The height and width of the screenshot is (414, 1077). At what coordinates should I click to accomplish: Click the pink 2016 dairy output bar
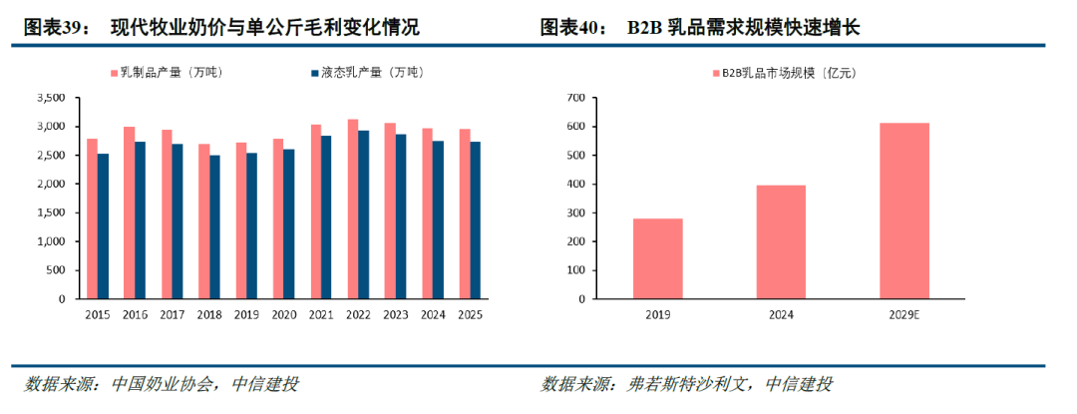tap(129, 212)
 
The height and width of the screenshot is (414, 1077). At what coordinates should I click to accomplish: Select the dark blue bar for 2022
tap(363, 214)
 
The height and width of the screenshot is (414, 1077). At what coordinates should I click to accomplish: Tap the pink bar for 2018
tap(203, 221)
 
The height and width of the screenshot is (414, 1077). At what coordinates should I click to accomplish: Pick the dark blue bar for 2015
tap(103, 226)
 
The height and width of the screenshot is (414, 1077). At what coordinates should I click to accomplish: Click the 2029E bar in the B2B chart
tap(904, 211)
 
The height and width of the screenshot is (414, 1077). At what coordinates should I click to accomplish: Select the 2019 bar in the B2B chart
tap(657, 258)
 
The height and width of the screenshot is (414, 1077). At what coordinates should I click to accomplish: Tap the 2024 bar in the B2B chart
tap(781, 242)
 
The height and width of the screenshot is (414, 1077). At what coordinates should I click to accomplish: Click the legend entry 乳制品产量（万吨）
tap(167, 72)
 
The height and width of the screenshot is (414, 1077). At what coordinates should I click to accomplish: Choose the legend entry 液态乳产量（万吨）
tap(366, 72)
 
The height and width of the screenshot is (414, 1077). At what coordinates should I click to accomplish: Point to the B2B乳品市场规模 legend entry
tap(783, 73)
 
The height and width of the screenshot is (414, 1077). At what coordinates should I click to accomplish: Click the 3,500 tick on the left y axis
tap(54, 98)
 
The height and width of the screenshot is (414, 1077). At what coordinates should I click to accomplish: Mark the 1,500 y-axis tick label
tap(54, 212)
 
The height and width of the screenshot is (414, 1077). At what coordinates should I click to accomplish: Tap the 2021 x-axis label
tap(321, 315)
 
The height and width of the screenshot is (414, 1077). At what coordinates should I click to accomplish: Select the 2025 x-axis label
tap(471, 315)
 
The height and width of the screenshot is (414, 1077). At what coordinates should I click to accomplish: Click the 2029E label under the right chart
tap(904, 315)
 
